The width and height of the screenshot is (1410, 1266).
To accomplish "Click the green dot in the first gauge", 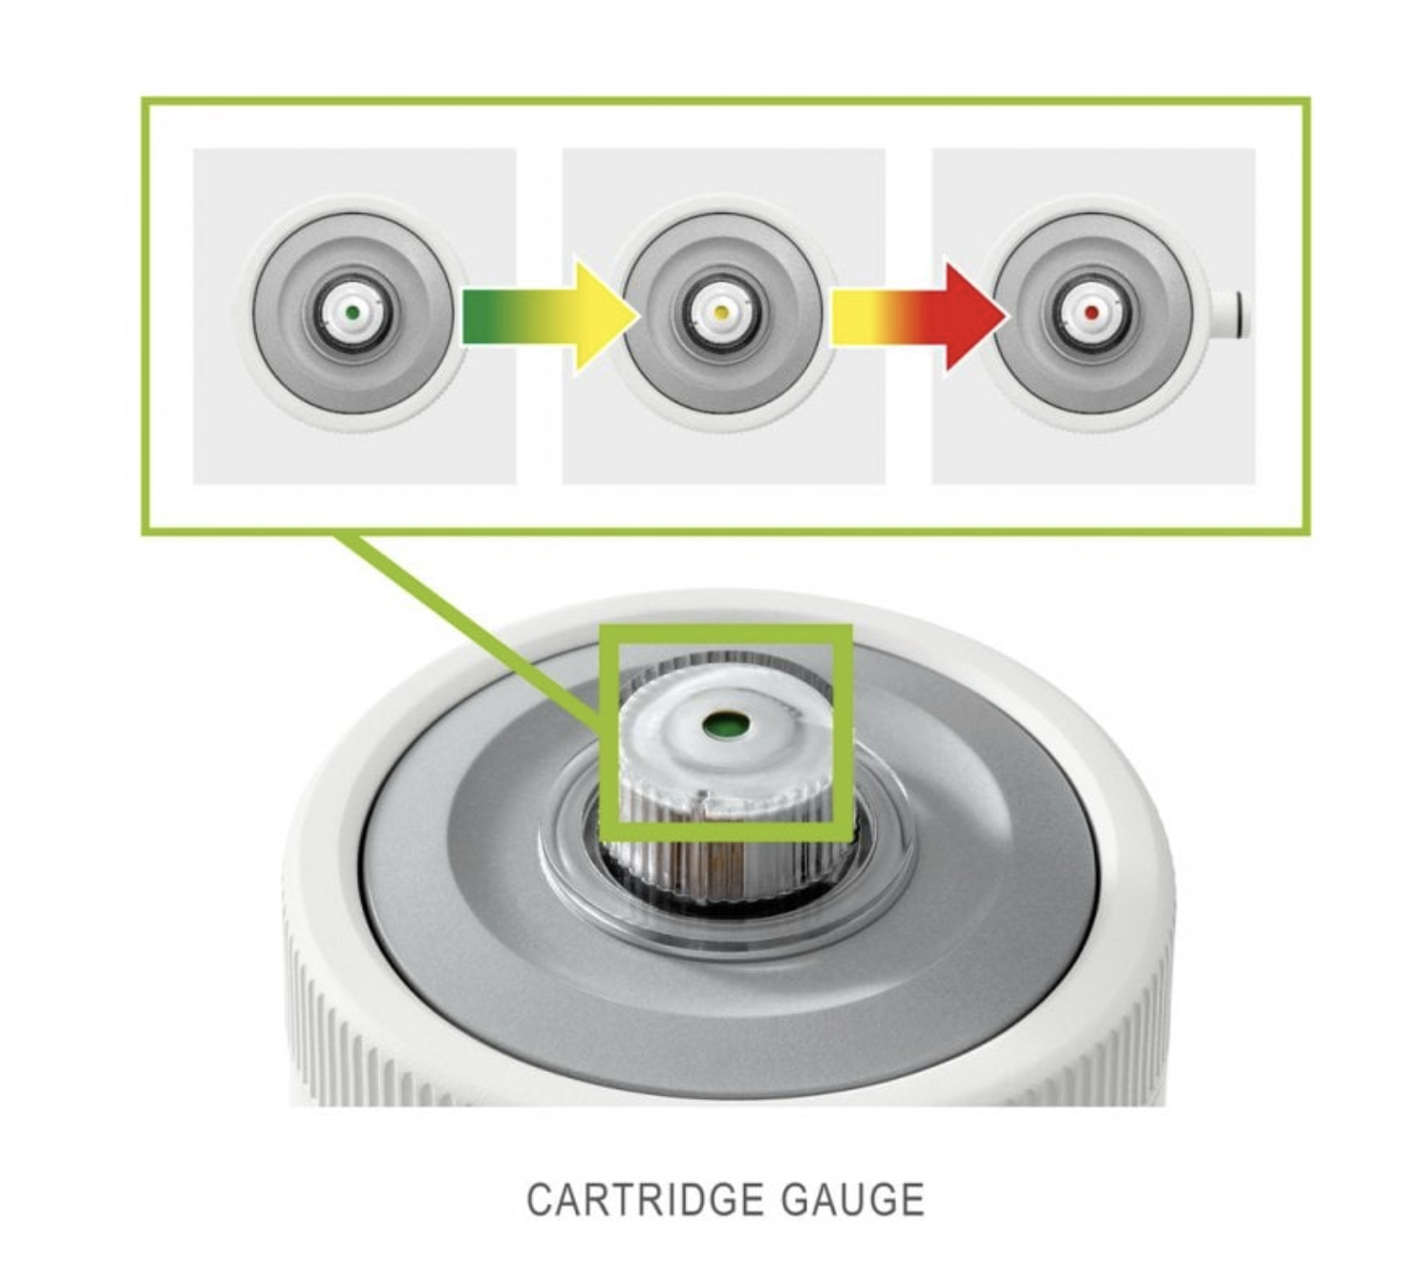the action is click(x=352, y=313).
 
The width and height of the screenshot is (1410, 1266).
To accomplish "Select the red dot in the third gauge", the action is click(x=1091, y=313).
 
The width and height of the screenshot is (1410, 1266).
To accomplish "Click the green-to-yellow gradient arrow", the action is click(x=550, y=317).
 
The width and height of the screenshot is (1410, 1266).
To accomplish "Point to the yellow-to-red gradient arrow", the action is click(x=919, y=317).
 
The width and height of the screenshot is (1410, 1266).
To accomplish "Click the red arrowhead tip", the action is click(x=1006, y=317).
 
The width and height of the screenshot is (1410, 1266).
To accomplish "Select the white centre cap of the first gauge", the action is click(x=352, y=313).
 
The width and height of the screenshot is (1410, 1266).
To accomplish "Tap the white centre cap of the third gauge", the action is click(x=1091, y=313).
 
